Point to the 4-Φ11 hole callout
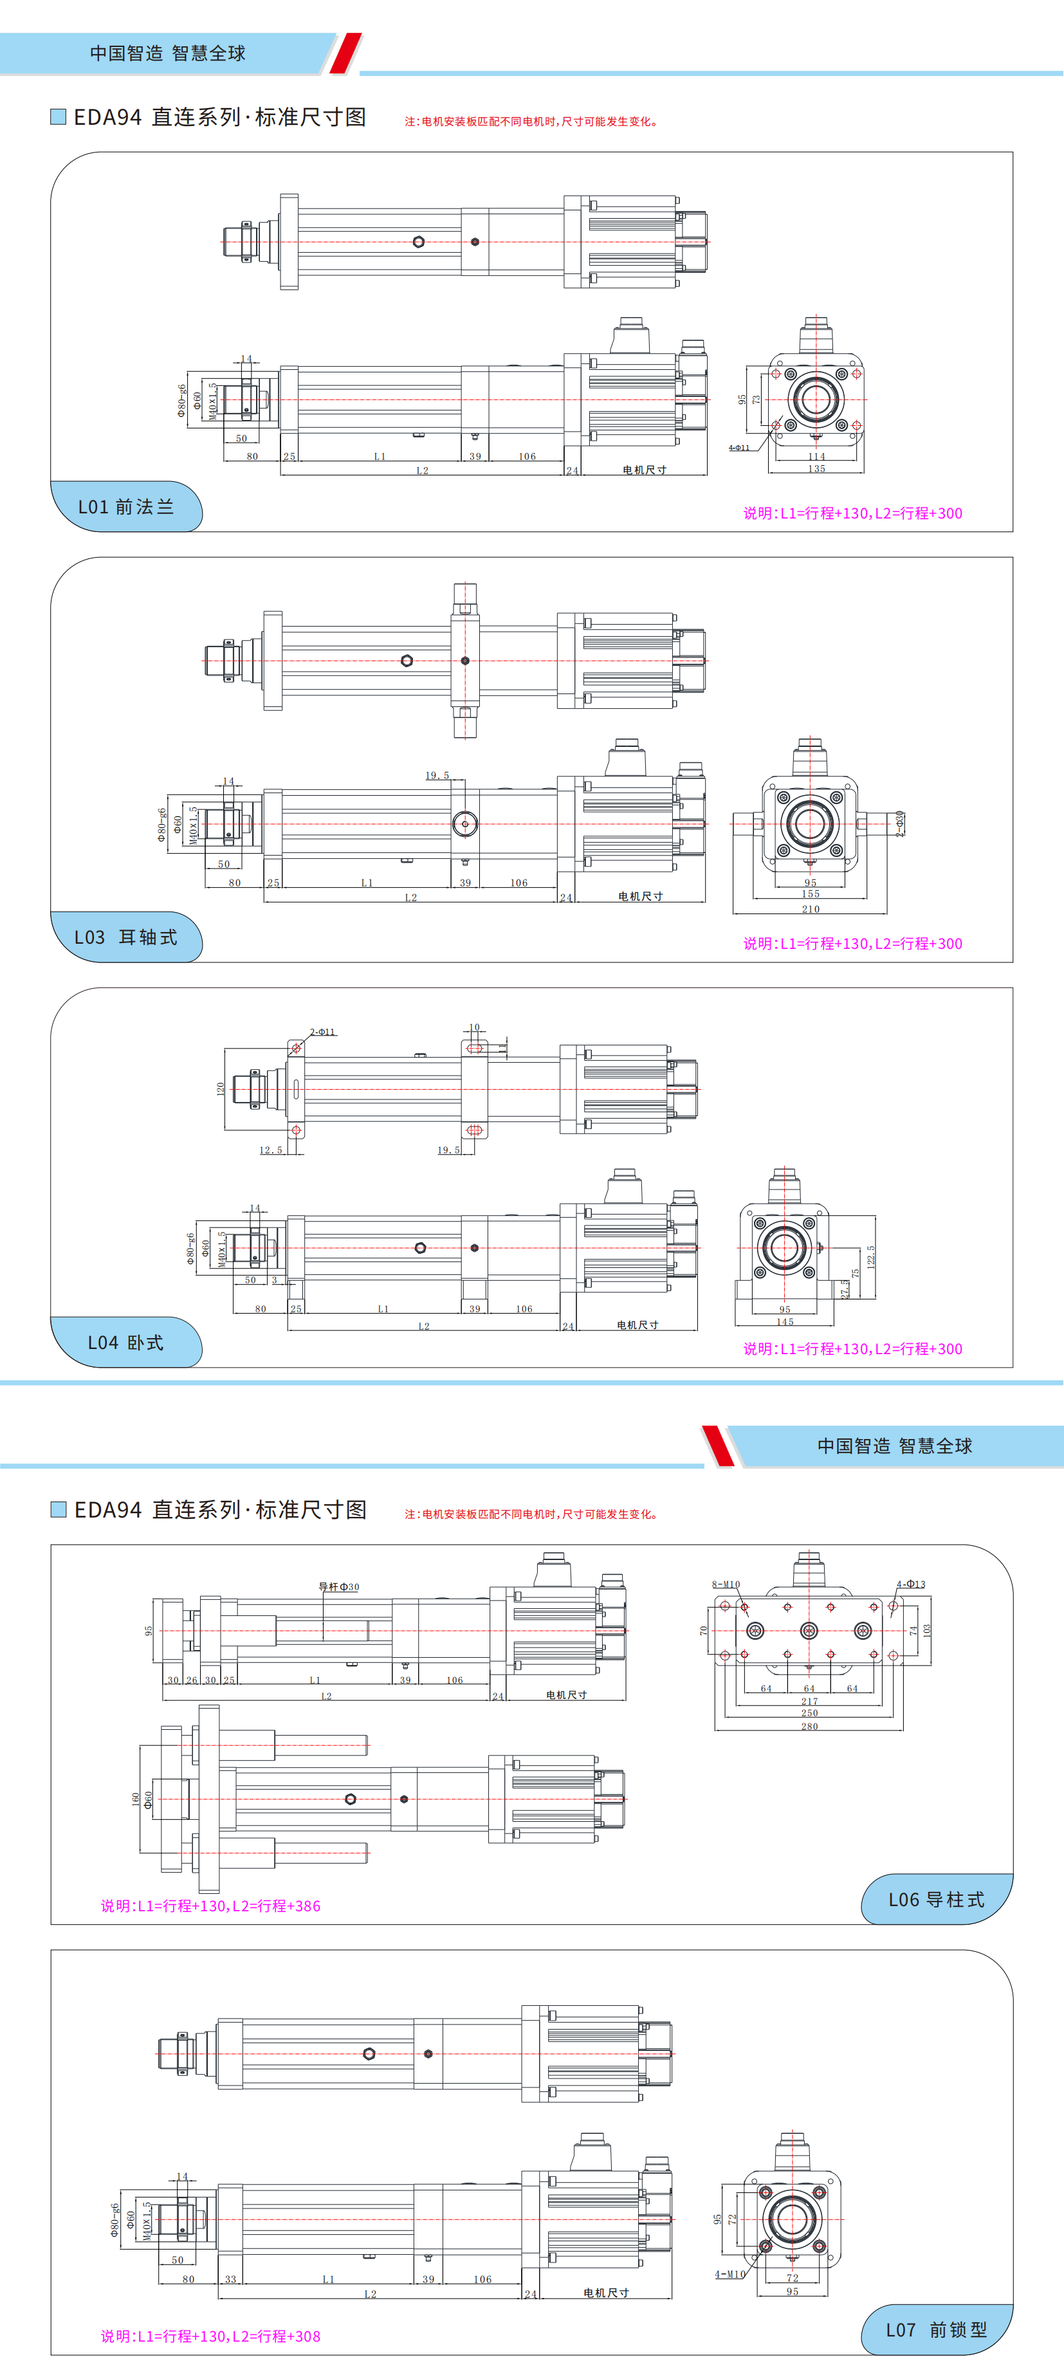(x=739, y=448)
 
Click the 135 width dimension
(x=817, y=469)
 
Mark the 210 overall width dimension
(x=811, y=909)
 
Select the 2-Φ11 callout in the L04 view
(x=322, y=1032)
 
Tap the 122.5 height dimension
(x=870, y=1256)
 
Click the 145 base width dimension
(x=784, y=1321)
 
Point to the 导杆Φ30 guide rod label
(x=338, y=1587)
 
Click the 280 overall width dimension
(x=809, y=1725)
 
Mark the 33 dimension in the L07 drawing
(x=231, y=2279)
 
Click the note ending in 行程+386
(x=210, y=1905)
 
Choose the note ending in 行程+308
(x=210, y=2335)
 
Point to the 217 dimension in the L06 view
(x=809, y=1701)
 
